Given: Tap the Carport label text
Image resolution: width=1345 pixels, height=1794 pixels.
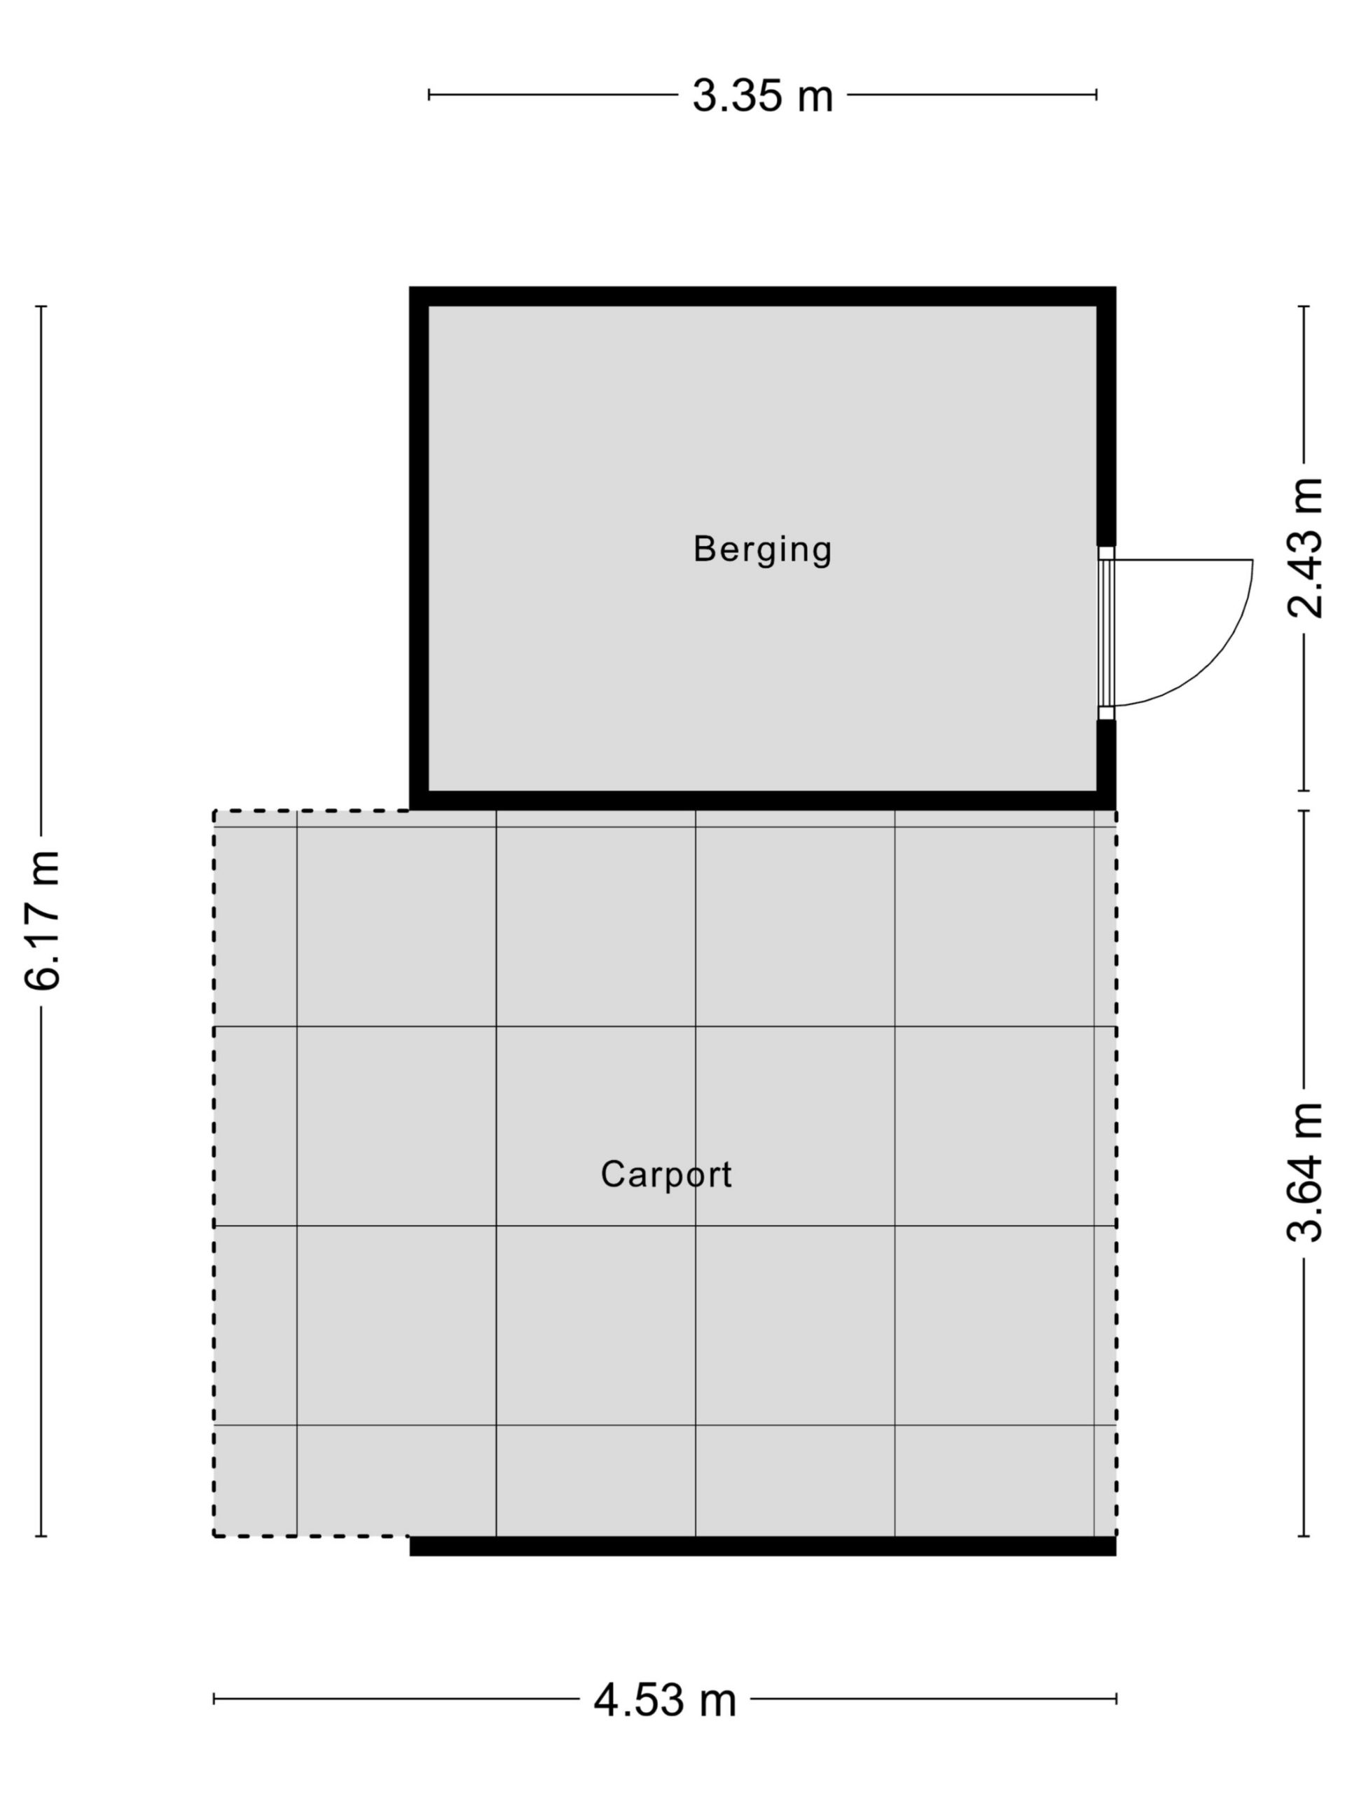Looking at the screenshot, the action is [x=665, y=1175].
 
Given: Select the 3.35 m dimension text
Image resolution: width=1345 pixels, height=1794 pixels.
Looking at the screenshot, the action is [x=762, y=95].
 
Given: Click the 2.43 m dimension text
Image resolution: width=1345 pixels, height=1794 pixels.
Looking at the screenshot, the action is [x=1305, y=548].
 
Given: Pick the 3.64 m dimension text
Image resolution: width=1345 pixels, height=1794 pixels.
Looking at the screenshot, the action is [x=1305, y=1172].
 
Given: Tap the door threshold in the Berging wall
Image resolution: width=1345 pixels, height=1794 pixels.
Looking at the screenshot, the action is [x=1107, y=633].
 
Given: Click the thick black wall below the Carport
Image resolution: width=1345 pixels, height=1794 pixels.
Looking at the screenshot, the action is [x=762, y=1546].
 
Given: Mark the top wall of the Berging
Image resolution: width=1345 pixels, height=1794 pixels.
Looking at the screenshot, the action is [x=762, y=296].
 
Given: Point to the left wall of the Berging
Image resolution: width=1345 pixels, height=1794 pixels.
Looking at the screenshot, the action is [x=419, y=548].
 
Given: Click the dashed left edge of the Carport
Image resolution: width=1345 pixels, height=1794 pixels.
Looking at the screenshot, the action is [x=214, y=1172].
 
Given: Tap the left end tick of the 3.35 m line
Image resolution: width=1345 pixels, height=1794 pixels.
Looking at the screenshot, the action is [x=429, y=95].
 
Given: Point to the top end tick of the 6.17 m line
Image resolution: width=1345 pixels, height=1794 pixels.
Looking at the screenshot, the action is [x=41, y=306].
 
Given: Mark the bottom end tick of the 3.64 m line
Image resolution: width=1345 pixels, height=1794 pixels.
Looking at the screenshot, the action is [x=1304, y=1536].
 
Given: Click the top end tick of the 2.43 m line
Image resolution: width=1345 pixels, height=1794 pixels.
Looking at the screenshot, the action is [x=1304, y=306].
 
